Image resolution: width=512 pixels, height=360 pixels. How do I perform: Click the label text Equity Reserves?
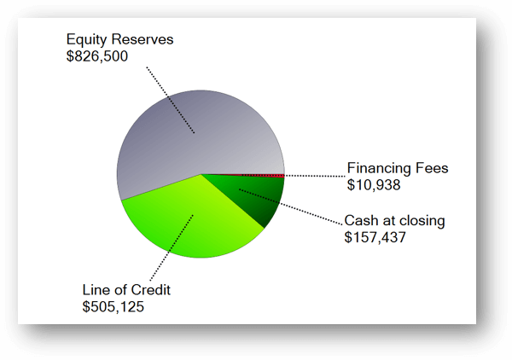(x=119, y=39)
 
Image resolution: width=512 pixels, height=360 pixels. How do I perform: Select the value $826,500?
(x=96, y=56)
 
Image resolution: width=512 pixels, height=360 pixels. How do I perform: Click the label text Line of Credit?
(x=126, y=290)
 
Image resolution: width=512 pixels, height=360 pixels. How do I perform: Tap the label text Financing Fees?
(x=397, y=167)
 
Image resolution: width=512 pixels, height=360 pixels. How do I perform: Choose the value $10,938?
(x=374, y=183)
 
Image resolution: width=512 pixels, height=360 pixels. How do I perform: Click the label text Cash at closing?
(x=394, y=221)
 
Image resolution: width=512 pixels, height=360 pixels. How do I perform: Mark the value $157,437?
(x=375, y=237)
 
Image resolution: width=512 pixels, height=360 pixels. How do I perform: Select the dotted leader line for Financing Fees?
(x=316, y=175)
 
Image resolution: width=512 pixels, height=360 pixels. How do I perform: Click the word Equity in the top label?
(x=86, y=39)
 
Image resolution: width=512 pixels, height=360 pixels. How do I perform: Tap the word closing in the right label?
(x=420, y=221)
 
